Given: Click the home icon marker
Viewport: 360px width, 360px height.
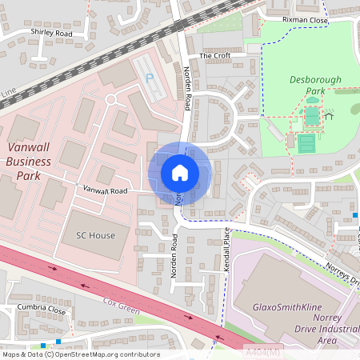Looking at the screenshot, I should point(179,172).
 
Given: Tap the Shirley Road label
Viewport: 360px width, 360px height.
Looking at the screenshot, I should point(51,34).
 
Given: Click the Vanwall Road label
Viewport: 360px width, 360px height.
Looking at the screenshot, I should point(106,191).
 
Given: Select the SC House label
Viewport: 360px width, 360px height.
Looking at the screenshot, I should point(95,236).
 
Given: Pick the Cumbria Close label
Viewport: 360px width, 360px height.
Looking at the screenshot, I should point(41,308).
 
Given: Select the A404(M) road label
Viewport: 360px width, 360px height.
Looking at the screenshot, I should point(262,350).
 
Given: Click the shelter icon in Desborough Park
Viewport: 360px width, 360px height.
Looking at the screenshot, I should point(329,115).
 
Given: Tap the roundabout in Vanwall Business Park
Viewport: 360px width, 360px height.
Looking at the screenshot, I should point(110,99).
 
